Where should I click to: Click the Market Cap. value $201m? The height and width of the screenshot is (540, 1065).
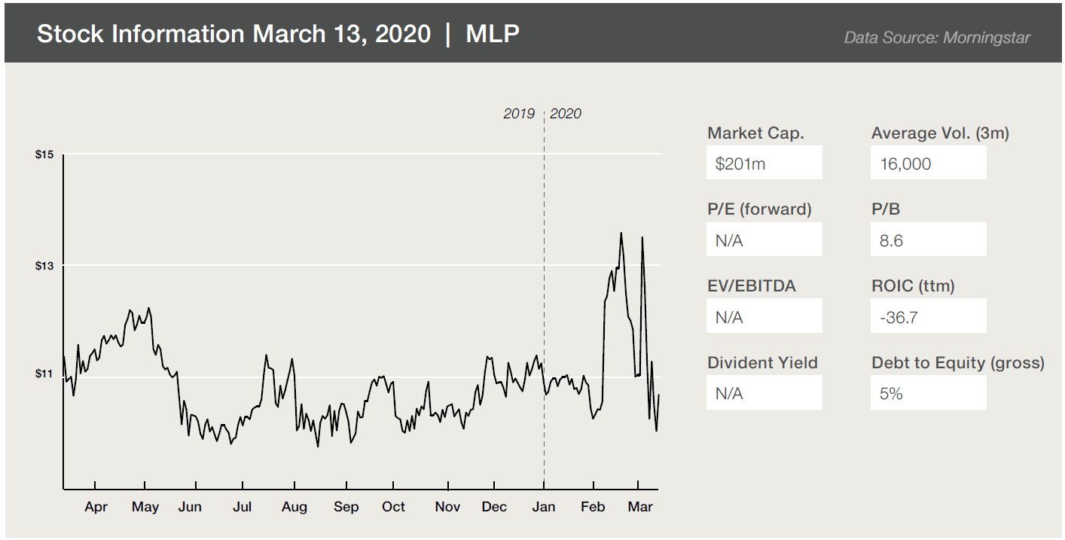740,163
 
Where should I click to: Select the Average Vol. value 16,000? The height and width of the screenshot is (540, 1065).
905,163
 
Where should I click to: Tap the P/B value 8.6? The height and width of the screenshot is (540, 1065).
891,240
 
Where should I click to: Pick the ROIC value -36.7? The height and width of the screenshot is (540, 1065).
899,317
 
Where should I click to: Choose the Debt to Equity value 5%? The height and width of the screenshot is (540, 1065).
891,393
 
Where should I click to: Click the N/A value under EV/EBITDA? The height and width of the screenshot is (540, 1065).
729,317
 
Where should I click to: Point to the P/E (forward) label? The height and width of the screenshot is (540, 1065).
759,209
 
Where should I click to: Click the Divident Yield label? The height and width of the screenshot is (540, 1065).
762,362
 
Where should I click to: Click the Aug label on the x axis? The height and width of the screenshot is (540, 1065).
294,507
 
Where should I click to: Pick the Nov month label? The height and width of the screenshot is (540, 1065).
447,507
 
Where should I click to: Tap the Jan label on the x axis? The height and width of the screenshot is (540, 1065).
544,507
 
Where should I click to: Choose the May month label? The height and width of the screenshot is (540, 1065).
145,507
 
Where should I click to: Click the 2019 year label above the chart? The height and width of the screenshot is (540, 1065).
519,114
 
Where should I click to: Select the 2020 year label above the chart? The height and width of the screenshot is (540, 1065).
566,114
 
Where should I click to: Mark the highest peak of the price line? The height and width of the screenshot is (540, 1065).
621,233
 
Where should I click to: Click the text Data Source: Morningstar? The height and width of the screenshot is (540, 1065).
937,37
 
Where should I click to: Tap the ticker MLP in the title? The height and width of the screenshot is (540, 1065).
493,34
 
